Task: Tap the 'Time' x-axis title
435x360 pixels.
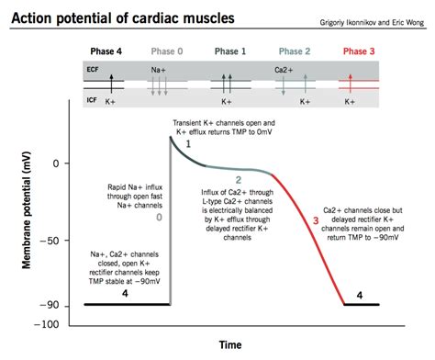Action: pos(230,344)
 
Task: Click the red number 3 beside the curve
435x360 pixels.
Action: pos(317,220)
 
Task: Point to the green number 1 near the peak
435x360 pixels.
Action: pos(188,144)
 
